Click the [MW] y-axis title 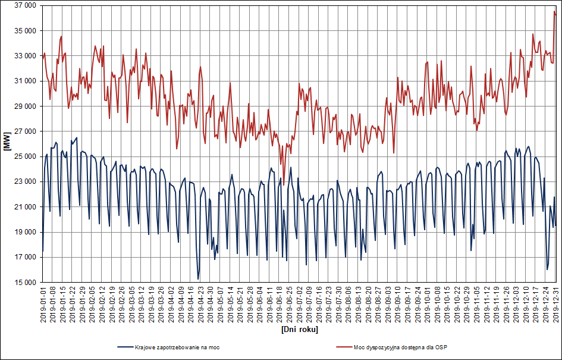[x=7, y=143]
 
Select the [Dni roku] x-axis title [x=299, y=329]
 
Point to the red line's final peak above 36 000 [x=554, y=11]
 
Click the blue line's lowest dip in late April [x=198, y=279]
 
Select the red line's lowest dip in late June [x=284, y=177]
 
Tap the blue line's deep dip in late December [x=547, y=270]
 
